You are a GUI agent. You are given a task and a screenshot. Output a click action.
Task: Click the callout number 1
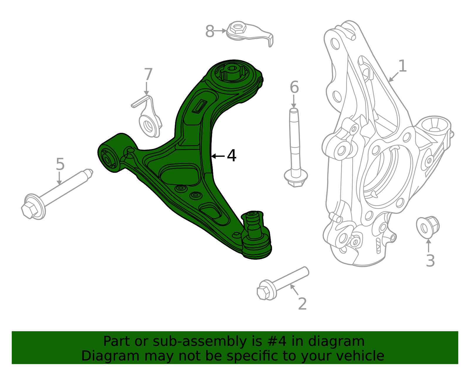pos(402,66)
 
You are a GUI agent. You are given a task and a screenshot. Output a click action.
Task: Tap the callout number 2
pos(302,304)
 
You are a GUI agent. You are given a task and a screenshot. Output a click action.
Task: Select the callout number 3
pos(430,261)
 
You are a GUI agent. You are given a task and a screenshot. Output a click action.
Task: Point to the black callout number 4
pos(232,156)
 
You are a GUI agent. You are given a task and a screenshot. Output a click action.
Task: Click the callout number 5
pos(60,164)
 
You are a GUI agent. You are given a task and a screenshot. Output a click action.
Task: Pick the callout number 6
pos(294,87)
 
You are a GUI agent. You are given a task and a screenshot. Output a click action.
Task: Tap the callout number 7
pos(148,75)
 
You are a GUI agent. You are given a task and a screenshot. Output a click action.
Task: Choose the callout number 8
pos(209,31)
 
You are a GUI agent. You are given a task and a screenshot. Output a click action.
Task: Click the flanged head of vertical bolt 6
pos(296,178)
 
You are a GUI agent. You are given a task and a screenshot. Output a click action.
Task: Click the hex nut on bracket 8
pos(237,28)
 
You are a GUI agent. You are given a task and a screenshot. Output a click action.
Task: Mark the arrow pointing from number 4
pos(218,156)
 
